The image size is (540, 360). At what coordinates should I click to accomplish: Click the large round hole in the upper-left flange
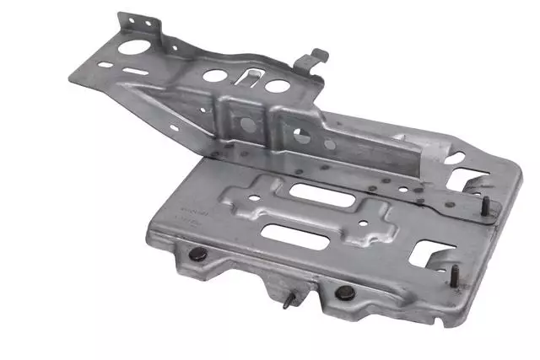click(x=132, y=47)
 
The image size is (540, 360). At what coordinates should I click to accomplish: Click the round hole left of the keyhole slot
click(x=214, y=76)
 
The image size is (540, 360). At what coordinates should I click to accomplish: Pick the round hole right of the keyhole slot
click(x=277, y=85)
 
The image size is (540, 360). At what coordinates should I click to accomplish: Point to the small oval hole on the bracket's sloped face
click(x=173, y=129)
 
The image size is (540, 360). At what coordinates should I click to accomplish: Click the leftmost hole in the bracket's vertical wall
click(x=247, y=124)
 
